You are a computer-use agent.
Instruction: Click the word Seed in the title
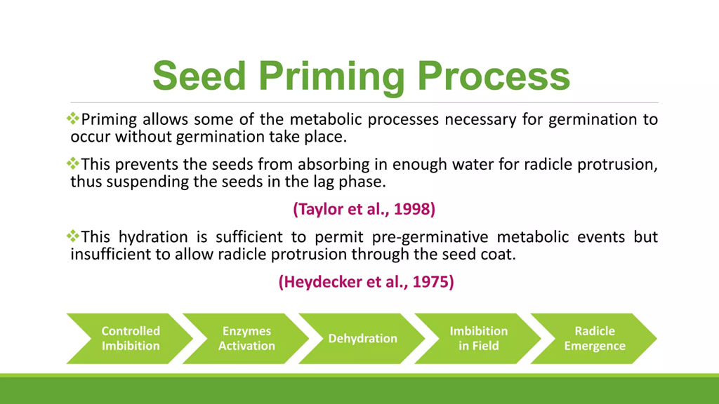tap(199, 76)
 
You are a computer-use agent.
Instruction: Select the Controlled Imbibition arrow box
tap(130, 339)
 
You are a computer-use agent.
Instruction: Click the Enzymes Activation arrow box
tap(246, 339)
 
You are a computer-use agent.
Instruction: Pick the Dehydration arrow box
tap(362, 339)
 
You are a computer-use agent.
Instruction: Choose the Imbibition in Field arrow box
tap(477, 339)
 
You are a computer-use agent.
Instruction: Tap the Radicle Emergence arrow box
tap(594, 339)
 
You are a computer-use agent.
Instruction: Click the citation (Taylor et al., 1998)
tap(364, 209)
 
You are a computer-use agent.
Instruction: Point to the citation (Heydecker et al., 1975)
tap(366, 282)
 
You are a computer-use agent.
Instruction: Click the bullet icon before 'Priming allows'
tap(73, 119)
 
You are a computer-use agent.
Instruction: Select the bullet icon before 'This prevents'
tap(73, 163)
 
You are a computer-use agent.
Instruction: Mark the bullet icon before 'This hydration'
tap(73, 236)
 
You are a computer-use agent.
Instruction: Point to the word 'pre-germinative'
tap(430, 238)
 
